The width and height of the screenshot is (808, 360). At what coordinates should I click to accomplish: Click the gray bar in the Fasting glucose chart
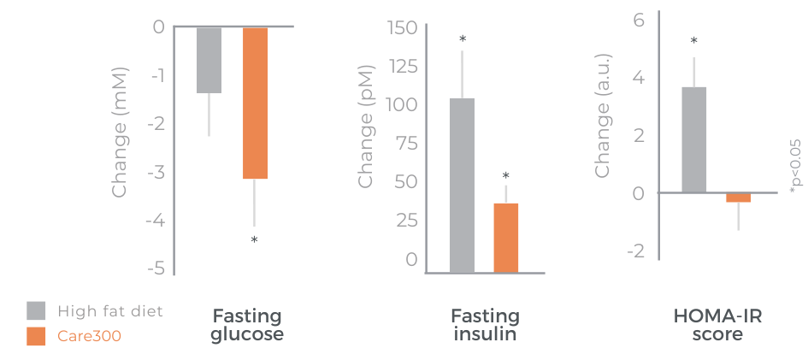point(209,60)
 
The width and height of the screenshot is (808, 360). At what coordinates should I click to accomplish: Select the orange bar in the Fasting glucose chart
point(255,103)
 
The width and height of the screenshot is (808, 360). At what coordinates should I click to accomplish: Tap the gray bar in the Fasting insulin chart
point(462,185)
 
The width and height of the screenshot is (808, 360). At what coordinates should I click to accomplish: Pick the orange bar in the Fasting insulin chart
point(506,238)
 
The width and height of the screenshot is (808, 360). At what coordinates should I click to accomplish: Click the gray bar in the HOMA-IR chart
point(693,139)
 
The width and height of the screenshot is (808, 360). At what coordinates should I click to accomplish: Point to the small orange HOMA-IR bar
point(738,198)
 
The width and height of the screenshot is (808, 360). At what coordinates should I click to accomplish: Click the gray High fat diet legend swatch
point(36,310)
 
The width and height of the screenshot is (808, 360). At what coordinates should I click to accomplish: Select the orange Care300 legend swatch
point(36,336)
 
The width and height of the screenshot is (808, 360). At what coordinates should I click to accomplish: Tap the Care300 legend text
point(89,336)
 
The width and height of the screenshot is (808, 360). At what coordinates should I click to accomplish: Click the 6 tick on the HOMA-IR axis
point(637,19)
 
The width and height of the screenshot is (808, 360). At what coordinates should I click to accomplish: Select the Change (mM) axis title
point(120,132)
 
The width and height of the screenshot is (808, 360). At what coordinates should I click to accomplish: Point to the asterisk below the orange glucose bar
point(254,240)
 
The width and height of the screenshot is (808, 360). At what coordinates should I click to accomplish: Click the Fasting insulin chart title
point(483,325)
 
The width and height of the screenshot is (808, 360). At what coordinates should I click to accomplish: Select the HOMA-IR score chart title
point(718,325)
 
